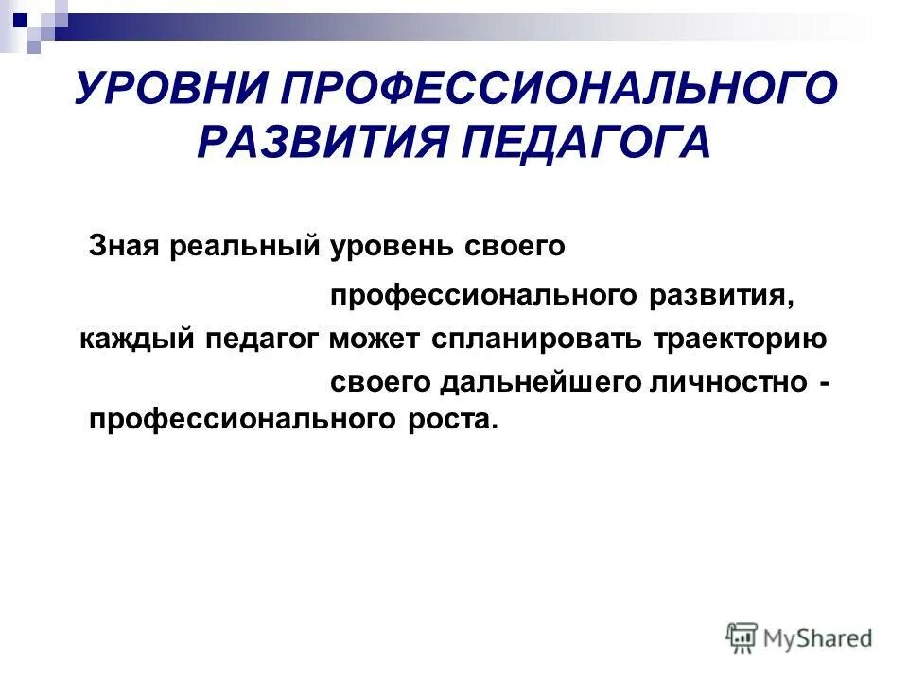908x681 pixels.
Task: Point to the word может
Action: click(x=377, y=339)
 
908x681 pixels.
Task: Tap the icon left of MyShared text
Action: click(x=742, y=637)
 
